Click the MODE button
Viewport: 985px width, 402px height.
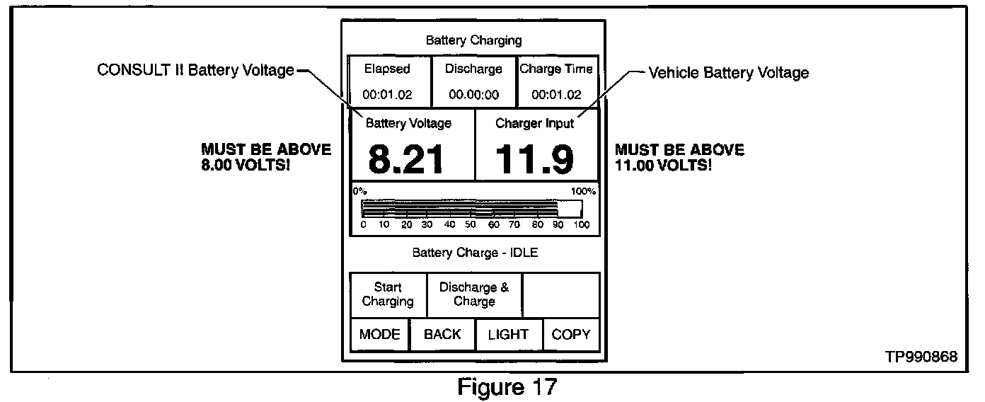click(379, 335)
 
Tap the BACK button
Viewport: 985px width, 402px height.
click(442, 335)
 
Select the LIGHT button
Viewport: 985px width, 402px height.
click(508, 335)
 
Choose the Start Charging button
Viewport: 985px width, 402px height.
click(388, 294)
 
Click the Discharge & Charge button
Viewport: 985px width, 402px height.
click(474, 294)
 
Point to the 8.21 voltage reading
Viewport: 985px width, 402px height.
click(406, 160)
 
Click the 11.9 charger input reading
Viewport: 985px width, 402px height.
click(534, 160)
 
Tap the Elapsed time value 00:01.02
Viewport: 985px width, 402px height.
click(387, 94)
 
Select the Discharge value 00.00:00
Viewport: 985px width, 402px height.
click(473, 94)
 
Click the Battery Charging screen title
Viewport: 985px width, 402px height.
click(473, 40)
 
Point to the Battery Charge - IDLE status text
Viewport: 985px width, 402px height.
click(475, 252)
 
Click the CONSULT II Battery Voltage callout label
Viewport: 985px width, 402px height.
click(195, 70)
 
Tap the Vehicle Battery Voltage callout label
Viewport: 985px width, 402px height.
click(729, 72)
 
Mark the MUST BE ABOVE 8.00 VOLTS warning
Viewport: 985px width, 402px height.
click(265, 157)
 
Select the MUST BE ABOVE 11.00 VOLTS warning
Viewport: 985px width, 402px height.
click(679, 157)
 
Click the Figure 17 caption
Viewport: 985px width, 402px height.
click(507, 387)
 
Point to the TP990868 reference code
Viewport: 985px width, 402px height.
click(921, 357)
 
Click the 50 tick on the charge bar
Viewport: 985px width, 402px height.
click(470, 225)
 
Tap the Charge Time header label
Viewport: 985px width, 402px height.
click(556, 69)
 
